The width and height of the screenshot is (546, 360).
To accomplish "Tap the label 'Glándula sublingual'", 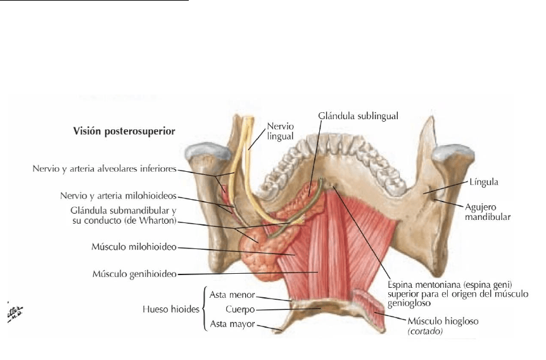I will pos(353,116).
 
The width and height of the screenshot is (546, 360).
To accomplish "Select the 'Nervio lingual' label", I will pos(279,131).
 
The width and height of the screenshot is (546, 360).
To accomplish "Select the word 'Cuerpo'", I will pos(239,310).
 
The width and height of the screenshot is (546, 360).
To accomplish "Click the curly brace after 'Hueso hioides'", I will pos(204,310).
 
